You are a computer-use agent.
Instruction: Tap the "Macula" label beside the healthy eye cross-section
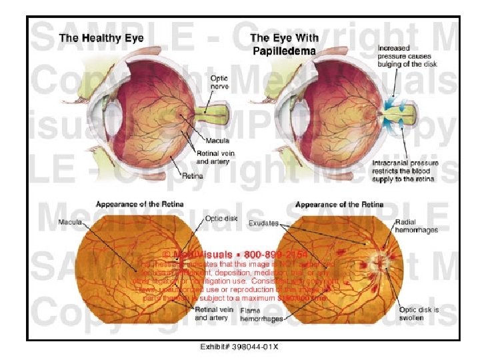tap(217, 141)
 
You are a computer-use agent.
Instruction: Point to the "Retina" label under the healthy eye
tap(192, 176)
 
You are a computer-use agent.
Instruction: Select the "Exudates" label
tap(264, 223)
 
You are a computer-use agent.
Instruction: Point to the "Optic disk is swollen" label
tap(417, 313)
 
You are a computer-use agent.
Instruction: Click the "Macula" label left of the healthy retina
tap(71, 221)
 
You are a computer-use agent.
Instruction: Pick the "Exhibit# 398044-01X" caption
tap(239, 347)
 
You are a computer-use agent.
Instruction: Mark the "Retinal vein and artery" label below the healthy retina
tap(214, 314)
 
